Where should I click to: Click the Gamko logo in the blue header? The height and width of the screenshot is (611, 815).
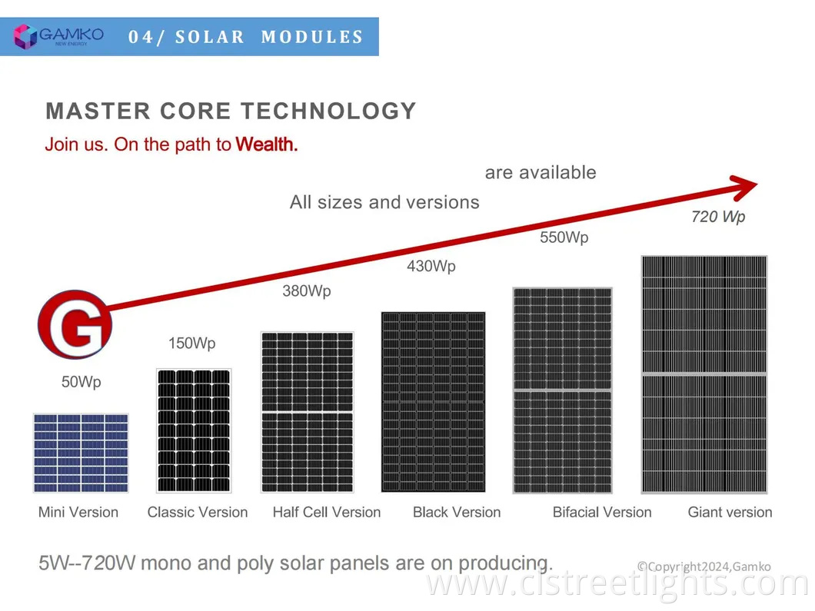[x=58, y=36]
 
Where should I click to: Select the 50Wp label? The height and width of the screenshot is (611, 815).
[x=81, y=382]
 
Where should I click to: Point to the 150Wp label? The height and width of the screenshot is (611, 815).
[x=192, y=344]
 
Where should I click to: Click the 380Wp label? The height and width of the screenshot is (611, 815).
[x=307, y=291]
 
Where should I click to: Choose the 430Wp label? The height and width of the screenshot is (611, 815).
[x=431, y=267]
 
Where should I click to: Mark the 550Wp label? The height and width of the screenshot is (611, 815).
[x=564, y=237]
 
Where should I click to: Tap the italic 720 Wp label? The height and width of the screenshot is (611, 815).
[x=718, y=217]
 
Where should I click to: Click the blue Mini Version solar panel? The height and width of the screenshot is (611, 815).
[x=81, y=453]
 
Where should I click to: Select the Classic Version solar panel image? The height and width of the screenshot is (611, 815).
[x=193, y=430]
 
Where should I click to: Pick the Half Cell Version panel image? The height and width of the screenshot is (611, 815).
[x=308, y=413]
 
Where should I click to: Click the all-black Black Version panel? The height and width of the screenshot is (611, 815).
[x=434, y=402]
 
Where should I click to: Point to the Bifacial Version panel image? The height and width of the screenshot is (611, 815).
[x=562, y=390]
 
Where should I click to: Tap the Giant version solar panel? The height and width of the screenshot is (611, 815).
[x=704, y=374]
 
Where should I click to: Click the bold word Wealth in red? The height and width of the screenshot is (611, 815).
[x=267, y=144]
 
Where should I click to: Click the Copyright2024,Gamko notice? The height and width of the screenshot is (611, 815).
[x=704, y=567]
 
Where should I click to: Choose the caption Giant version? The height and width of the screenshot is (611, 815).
[x=730, y=513]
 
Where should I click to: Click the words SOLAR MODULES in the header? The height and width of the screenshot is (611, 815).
[x=269, y=37]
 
